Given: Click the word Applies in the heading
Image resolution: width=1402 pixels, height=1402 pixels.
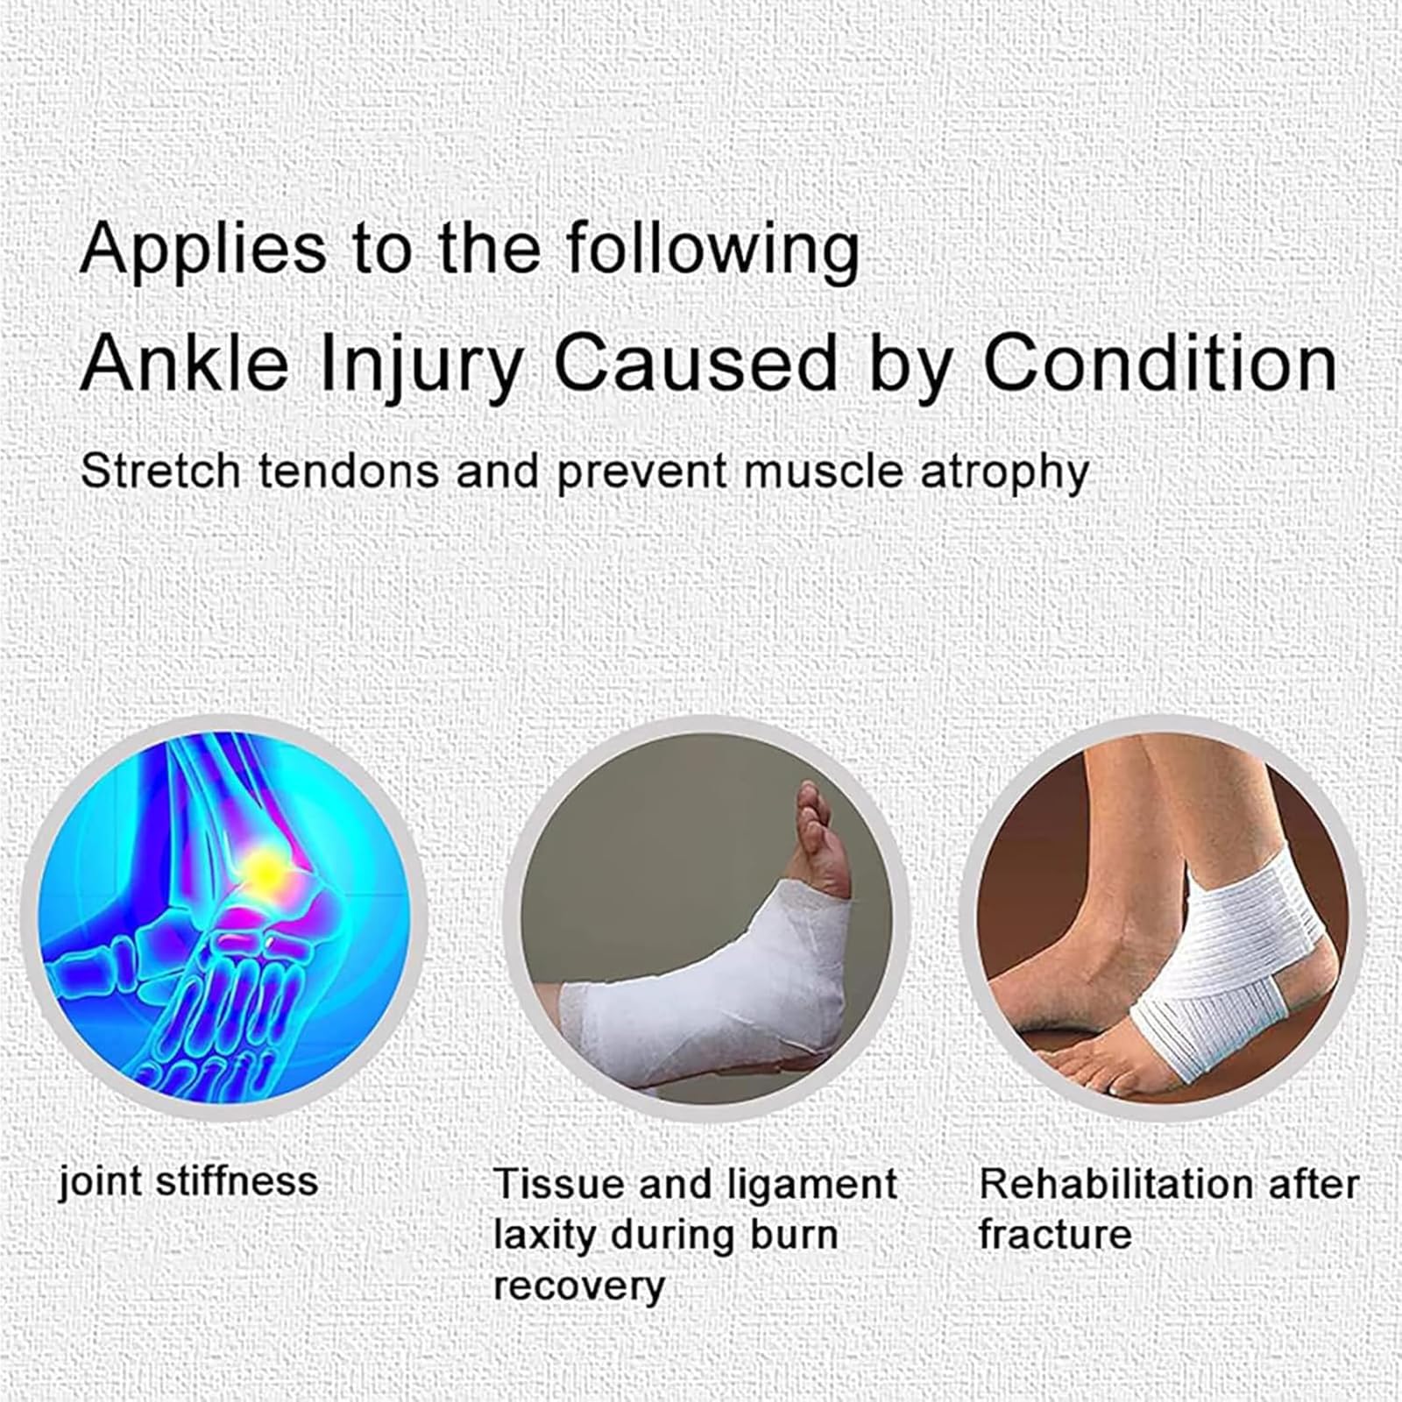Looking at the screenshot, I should pyautogui.click(x=202, y=250).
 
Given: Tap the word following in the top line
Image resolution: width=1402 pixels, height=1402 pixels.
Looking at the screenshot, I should pyautogui.click(x=712, y=250).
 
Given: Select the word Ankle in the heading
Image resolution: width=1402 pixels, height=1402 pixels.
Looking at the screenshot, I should pyautogui.click(x=184, y=363).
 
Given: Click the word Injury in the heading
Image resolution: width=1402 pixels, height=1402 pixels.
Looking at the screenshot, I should pyautogui.click(x=420, y=365).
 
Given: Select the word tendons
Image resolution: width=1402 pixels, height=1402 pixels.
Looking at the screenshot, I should pyautogui.click(x=349, y=471).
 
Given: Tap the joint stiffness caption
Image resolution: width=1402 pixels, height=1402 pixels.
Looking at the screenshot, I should pyautogui.click(x=188, y=1181).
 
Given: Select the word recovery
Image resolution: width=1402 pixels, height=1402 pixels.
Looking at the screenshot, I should pyautogui.click(x=579, y=1286).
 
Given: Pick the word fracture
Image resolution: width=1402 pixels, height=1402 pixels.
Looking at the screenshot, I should pyautogui.click(x=1055, y=1236).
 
